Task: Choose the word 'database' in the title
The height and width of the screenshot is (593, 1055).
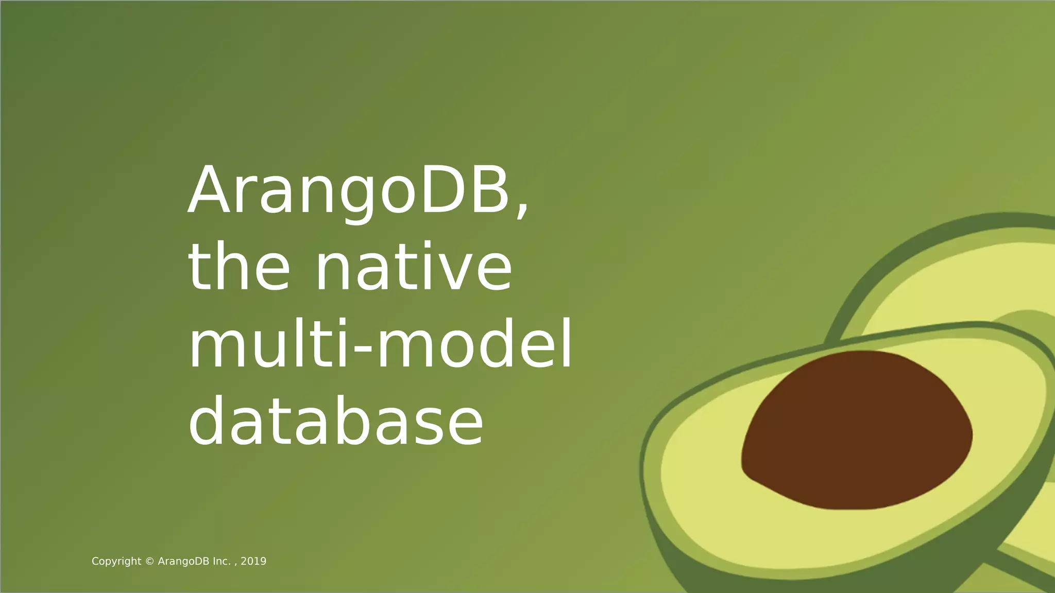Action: pos(336,421)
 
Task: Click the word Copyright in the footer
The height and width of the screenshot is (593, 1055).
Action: pos(116,562)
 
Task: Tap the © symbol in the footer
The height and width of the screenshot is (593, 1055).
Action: pos(150,562)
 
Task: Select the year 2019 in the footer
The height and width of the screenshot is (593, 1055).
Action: pos(253,562)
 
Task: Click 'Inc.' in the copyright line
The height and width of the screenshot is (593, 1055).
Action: pos(223,562)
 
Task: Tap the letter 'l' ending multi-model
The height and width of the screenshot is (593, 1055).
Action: pos(567,344)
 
